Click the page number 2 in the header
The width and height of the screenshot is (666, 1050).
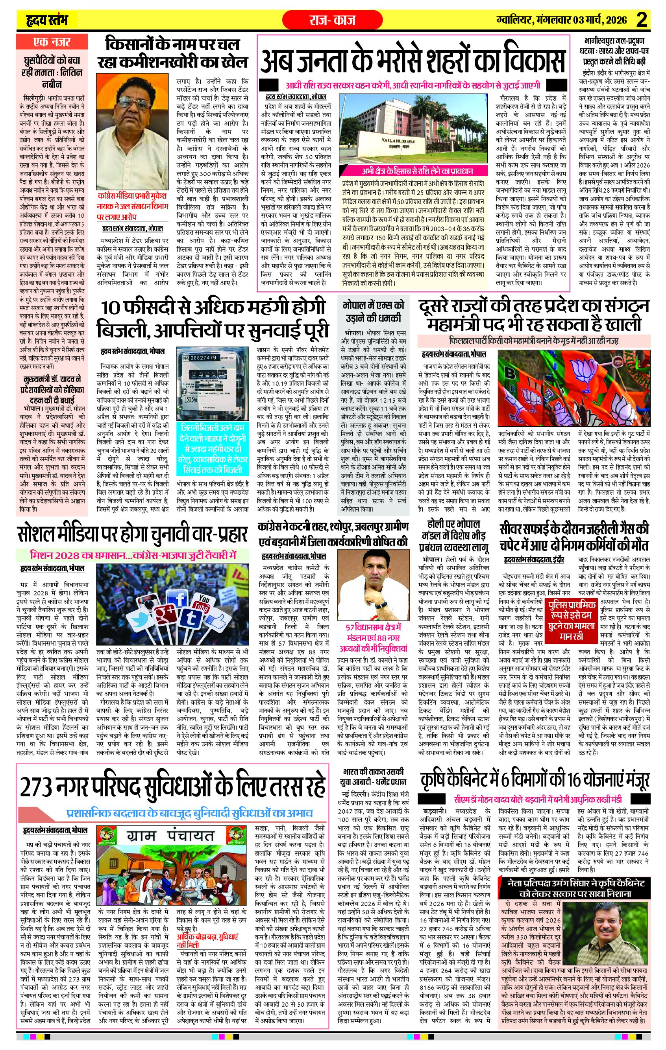641,20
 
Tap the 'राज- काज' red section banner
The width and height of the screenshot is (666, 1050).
333,20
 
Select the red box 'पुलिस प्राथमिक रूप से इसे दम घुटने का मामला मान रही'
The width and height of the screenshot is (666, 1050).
572,620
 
